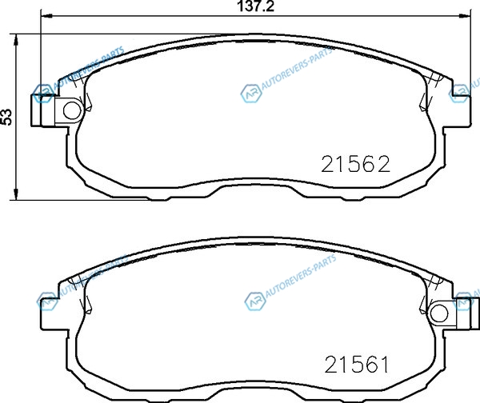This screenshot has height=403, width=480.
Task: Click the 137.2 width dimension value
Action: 256,6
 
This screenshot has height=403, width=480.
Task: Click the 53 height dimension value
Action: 6,117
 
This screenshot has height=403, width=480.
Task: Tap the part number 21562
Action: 356,164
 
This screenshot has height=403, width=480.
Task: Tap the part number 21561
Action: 356,365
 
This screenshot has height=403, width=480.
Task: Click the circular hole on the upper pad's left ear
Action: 73,110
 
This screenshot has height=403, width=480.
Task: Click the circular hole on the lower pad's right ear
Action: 439,313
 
